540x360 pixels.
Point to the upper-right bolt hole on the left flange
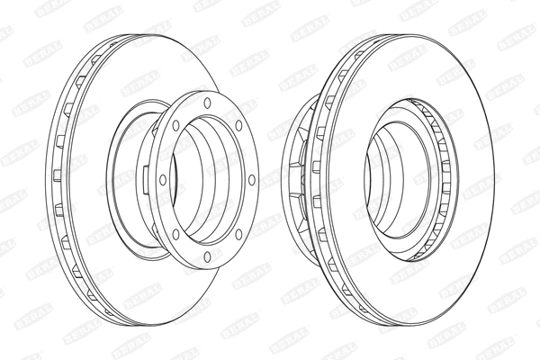point(238,124)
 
